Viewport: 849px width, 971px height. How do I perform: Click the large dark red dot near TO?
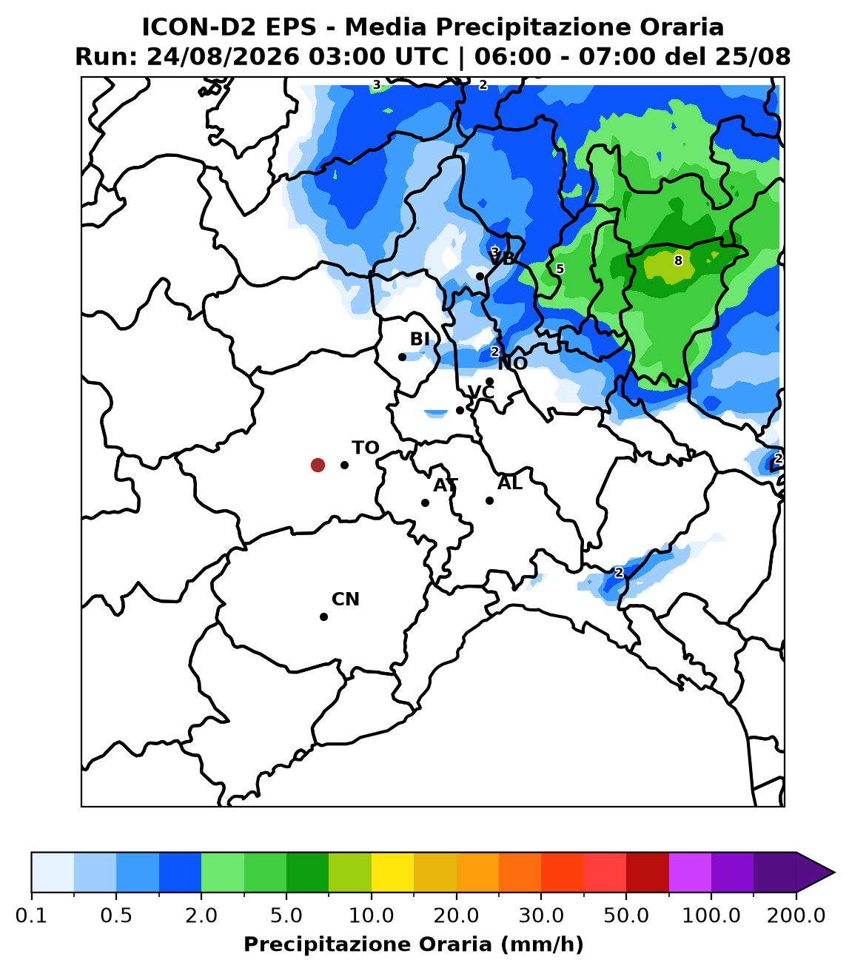pos(318,465)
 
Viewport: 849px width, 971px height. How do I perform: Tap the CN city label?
pos(345,599)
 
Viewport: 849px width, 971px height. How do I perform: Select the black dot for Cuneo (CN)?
pos(323,617)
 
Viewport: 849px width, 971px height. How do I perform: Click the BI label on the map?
pos(420,339)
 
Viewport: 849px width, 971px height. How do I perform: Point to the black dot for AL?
pos(489,501)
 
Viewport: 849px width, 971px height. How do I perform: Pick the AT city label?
pos(446,485)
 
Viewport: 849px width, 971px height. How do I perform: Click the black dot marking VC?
pos(460,410)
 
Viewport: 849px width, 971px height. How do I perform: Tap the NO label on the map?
pos(512,363)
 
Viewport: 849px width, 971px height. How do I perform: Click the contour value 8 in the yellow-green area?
pos(678,261)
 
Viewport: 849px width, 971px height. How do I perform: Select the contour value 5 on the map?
pos(560,269)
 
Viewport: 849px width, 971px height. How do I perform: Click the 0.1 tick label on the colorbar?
pos(31,915)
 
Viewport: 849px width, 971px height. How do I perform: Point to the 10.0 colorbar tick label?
pos(371,915)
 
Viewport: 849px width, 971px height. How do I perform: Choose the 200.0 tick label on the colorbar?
pos(796,915)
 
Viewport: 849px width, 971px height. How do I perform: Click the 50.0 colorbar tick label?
pos(626,915)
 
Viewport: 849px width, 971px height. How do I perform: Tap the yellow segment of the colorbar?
pos(392,873)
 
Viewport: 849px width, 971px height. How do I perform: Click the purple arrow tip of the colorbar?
pos(833,873)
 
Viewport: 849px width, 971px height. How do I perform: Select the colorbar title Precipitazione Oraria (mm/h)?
pos(413,944)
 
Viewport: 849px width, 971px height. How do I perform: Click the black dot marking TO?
pos(344,465)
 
